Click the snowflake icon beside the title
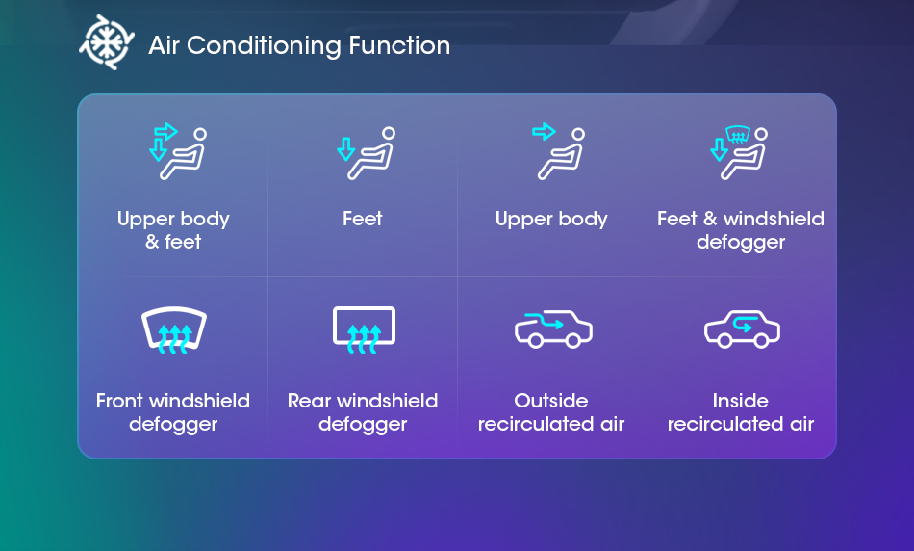click(107, 42)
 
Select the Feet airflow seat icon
click(366, 153)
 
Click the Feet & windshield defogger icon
click(739, 152)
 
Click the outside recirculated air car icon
click(553, 329)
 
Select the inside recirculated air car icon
click(742, 329)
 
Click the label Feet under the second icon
click(363, 219)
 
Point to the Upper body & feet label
click(173, 230)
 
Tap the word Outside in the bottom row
click(551, 401)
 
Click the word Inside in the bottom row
click(740, 401)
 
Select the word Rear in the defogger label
click(310, 401)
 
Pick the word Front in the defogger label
click(119, 401)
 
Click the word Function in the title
click(399, 45)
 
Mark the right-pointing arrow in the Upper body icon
click(544, 131)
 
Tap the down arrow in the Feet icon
click(345, 149)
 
